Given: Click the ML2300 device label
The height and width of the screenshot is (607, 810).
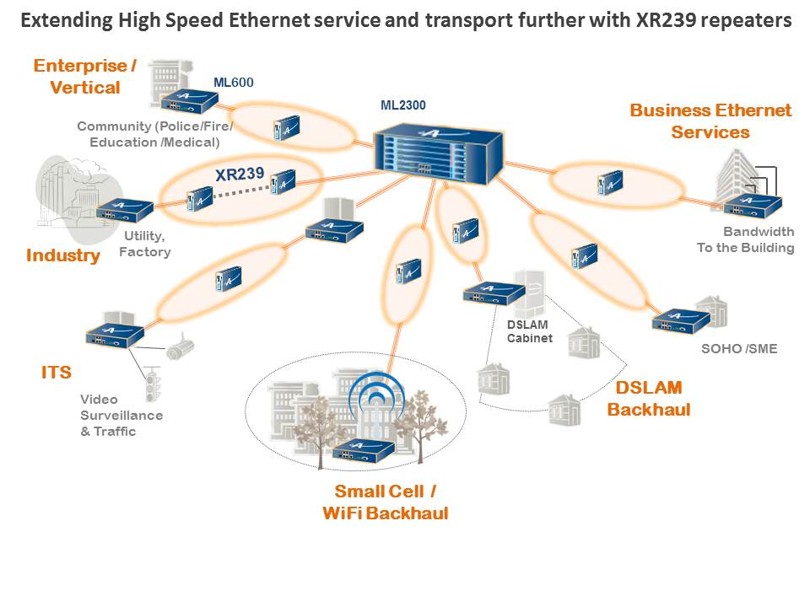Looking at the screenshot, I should pos(402,105).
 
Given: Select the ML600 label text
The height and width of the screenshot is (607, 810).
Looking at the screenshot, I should pos(234,82).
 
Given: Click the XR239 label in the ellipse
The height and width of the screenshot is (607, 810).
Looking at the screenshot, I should pos(240,175).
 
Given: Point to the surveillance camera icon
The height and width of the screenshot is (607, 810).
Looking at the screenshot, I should pos(180,348).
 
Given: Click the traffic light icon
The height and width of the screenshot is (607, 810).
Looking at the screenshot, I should pos(153,384).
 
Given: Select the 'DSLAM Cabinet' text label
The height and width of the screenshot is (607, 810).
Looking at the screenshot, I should pos(529,331).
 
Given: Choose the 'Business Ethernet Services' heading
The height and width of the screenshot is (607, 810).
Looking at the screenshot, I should pos(710,121).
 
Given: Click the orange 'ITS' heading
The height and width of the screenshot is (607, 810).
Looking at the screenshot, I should pos(57,372).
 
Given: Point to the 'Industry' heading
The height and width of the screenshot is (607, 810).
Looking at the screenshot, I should pos(62,255).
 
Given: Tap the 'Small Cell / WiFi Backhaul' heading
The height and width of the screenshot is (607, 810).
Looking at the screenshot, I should pos(385,502).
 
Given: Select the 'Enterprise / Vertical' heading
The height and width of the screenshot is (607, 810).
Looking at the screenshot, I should pos(85,76).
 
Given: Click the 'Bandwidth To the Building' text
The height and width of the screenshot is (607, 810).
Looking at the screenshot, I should pos(745,239).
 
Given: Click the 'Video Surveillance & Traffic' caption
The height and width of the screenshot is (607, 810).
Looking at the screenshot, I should pos(121,415).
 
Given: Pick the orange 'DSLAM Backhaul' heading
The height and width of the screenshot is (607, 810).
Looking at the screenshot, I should pos(648,399).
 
